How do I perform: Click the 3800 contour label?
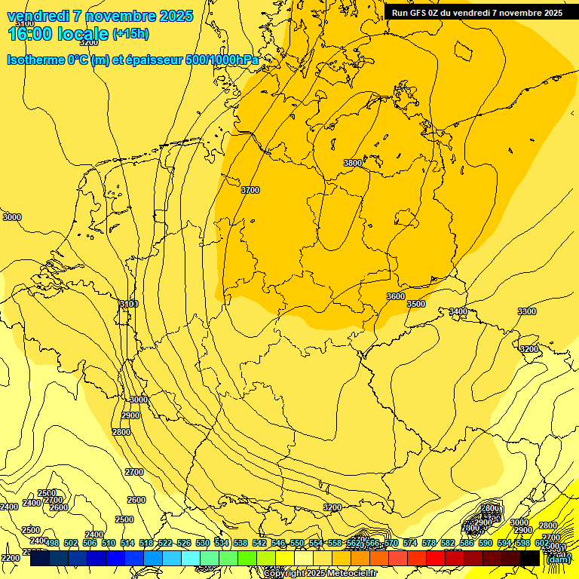click(x=352, y=163)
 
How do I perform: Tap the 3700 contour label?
click(x=250, y=191)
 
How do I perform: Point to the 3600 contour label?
click(x=395, y=296)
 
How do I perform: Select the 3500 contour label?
click(x=416, y=304)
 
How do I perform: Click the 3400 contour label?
click(x=458, y=311)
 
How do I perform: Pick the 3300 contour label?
click(x=527, y=311)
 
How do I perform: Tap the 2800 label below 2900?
click(x=121, y=432)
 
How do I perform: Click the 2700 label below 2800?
click(x=134, y=472)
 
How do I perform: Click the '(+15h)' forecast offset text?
click(x=130, y=33)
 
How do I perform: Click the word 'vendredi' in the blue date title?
click(x=38, y=16)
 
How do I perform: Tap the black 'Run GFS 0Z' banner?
click(x=477, y=13)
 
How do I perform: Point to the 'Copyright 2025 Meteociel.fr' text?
click(x=320, y=574)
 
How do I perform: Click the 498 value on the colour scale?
click(x=52, y=543)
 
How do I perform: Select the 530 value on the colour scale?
click(x=203, y=543)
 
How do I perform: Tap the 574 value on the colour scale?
click(x=410, y=543)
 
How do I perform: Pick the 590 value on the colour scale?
click(x=486, y=543)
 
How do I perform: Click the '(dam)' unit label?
click(x=558, y=559)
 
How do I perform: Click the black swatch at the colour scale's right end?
click(x=530, y=558)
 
